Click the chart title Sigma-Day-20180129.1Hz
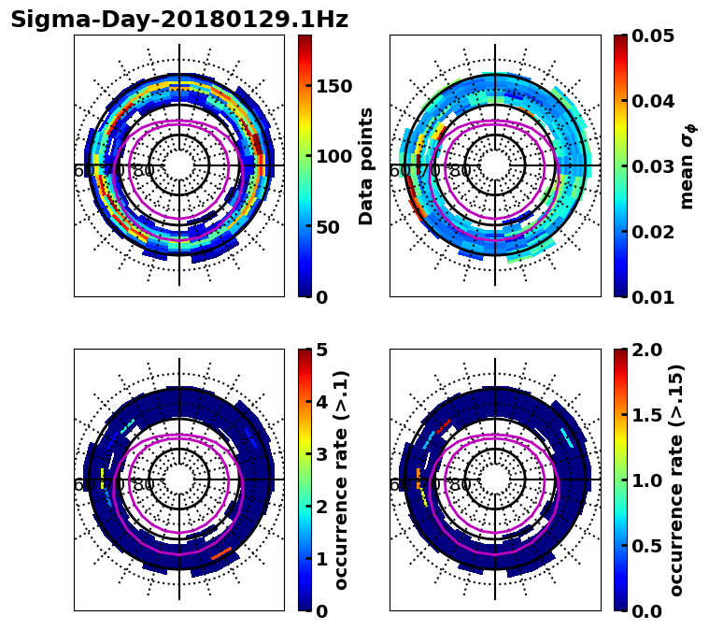179,20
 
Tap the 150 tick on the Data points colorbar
334,86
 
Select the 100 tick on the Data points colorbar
334,156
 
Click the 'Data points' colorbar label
366,165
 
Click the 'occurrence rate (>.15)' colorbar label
676,480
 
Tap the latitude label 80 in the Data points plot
144,171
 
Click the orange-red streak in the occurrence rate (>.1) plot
221,553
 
